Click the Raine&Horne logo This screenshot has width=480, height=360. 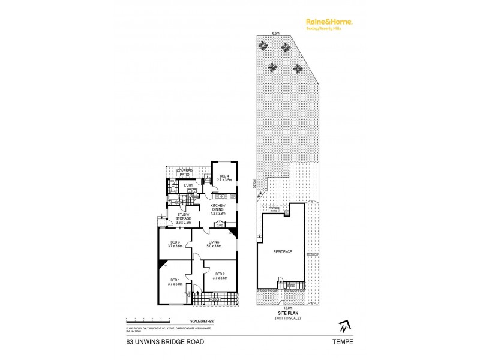click(x=326, y=22)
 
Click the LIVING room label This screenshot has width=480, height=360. click(x=214, y=244)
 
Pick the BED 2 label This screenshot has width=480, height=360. click(x=221, y=276)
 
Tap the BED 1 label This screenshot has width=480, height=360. click(x=175, y=282)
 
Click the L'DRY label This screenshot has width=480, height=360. click(x=188, y=185)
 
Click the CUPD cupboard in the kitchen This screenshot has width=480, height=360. click(x=219, y=225)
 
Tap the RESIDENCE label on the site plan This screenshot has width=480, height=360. click(x=283, y=251)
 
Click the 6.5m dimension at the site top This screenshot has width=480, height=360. click(x=276, y=34)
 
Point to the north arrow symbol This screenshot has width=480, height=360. click(x=343, y=326)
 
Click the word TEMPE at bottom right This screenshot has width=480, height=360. click(x=344, y=342)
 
